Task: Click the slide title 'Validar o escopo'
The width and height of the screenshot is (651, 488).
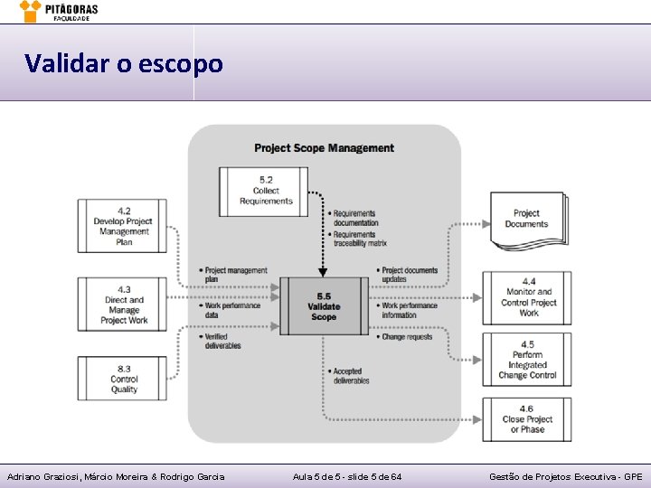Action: (123, 64)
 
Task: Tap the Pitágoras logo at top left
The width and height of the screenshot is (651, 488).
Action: (60, 11)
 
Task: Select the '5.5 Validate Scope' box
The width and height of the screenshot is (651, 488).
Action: (324, 306)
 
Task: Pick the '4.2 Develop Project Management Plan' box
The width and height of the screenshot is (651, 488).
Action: (124, 226)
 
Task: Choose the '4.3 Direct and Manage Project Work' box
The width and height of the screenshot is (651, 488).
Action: (124, 305)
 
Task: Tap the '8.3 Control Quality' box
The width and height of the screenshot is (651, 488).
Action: (124, 379)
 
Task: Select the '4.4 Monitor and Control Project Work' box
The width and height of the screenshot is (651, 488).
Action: (528, 297)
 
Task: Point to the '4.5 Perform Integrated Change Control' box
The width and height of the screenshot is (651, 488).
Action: (528, 360)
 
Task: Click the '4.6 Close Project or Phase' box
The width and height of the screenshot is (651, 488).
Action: (528, 419)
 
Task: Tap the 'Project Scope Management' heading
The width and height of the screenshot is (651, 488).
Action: (324, 148)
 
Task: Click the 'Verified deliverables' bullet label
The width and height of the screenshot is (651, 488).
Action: (222, 341)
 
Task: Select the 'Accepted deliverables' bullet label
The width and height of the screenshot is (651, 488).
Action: (351, 376)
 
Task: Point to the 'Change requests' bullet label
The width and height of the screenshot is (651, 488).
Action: (407, 337)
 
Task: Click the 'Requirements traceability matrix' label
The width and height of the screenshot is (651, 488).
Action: (359, 239)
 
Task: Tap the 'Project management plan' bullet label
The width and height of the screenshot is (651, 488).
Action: (235, 275)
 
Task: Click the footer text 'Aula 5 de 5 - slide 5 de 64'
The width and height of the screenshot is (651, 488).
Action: (348, 476)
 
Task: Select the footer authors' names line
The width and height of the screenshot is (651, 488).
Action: (116, 476)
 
